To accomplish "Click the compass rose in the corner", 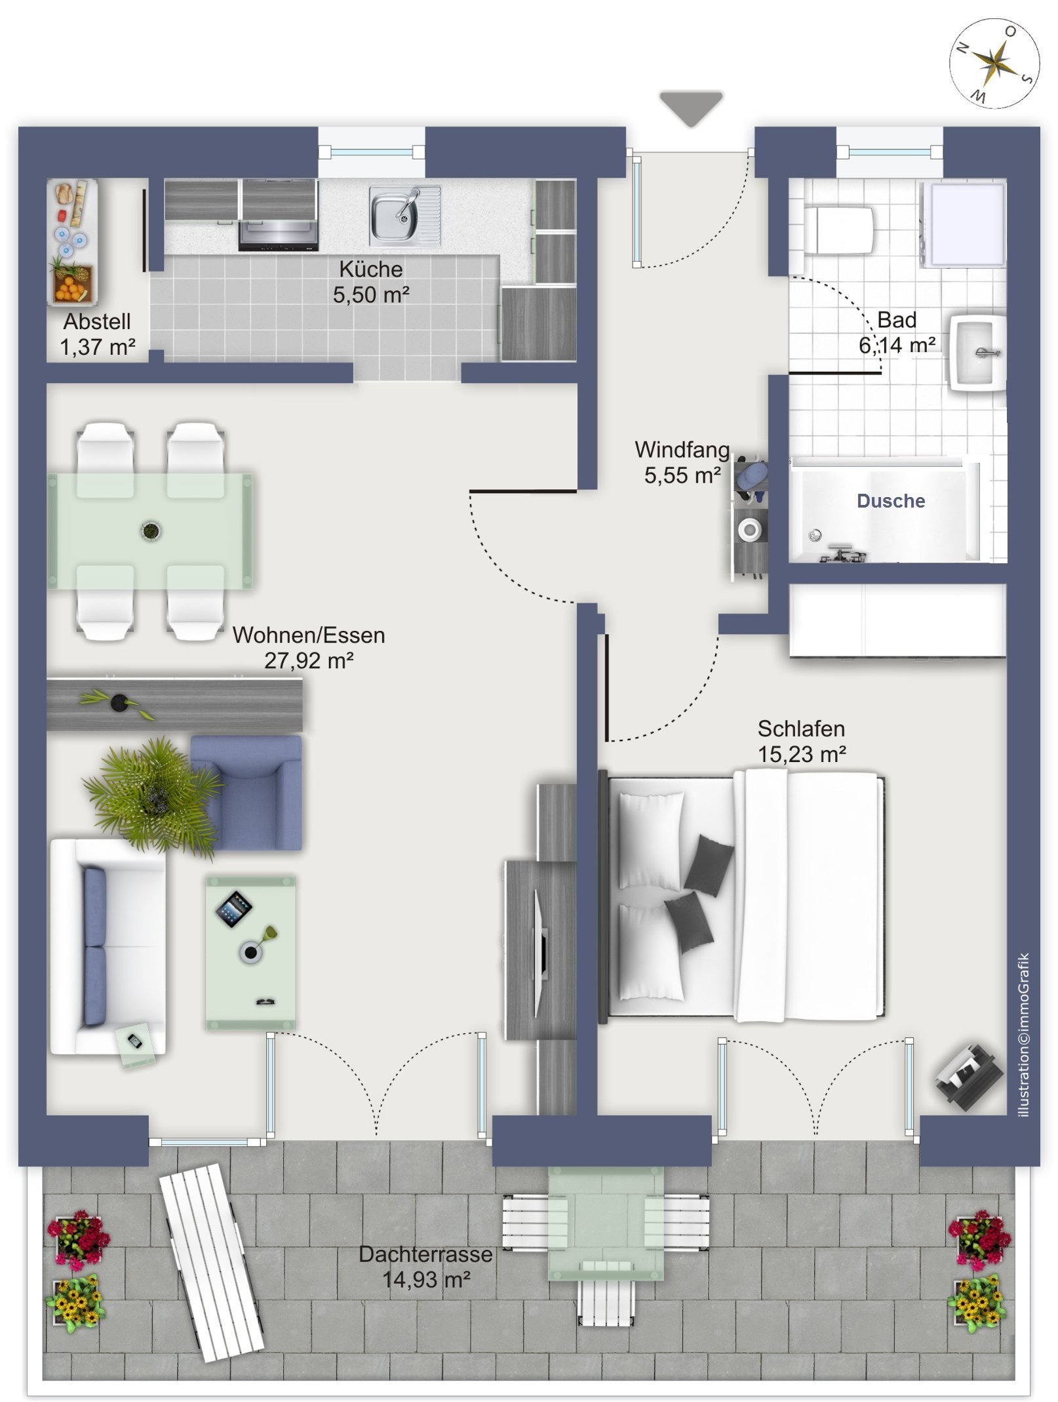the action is (994, 63).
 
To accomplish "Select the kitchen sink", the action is (404, 214).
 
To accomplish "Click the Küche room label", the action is (371, 269).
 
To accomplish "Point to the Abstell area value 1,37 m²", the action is (98, 346).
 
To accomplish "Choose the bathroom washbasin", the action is (977, 353).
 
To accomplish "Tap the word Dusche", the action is (891, 501).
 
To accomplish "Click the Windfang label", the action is (682, 450).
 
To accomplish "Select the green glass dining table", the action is (150, 531).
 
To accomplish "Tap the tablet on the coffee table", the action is (234, 908).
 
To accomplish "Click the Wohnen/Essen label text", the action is (309, 635).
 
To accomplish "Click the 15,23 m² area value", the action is (802, 754).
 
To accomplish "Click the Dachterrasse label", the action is (425, 1254).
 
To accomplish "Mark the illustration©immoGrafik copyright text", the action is (1024, 1035).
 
